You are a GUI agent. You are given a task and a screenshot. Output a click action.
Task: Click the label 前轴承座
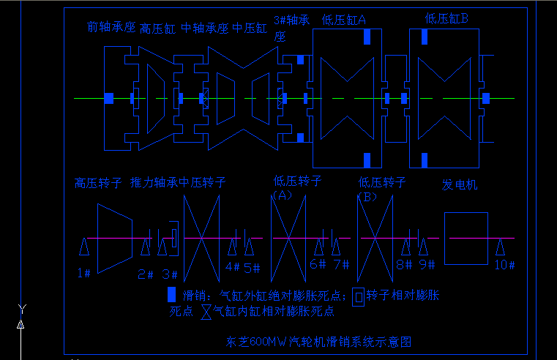(111, 28)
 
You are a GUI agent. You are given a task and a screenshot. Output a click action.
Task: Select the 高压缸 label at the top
(157, 29)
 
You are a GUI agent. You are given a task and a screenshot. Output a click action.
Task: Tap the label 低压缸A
(343, 20)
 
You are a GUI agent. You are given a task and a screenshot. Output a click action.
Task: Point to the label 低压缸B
(446, 18)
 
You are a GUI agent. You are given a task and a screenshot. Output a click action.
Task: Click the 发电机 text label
(460, 184)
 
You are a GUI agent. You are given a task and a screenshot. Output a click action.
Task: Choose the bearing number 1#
(83, 273)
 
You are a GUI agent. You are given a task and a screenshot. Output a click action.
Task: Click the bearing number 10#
(504, 266)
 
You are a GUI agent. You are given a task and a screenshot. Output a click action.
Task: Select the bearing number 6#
(318, 265)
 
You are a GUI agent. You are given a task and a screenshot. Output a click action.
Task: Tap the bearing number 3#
(170, 274)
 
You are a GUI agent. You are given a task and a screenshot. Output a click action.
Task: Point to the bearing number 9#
(427, 265)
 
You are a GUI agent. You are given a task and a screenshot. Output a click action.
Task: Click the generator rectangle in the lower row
(466, 239)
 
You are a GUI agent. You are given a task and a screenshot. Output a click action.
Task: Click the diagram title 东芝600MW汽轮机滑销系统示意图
(320, 342)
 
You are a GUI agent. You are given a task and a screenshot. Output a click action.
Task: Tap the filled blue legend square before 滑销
(171, 294)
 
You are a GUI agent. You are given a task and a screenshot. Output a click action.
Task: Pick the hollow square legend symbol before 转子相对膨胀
(358, 296)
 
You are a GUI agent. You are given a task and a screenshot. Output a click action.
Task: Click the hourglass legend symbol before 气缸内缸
(206, 311)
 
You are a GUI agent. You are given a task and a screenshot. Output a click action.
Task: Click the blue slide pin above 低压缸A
(367, 37)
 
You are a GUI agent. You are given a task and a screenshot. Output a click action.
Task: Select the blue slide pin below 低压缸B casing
(424, 160)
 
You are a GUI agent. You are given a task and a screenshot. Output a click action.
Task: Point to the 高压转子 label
(97, 183)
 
